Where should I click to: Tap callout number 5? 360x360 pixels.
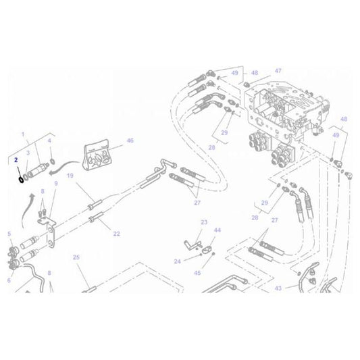click(9, 234)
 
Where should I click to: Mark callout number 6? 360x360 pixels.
click(9, 280)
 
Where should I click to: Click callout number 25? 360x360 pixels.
click(76, 257)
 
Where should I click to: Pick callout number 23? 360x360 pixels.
click(203, 222)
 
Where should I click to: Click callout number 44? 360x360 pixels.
click(217, 230)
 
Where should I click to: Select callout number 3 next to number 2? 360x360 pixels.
click(28, 153)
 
